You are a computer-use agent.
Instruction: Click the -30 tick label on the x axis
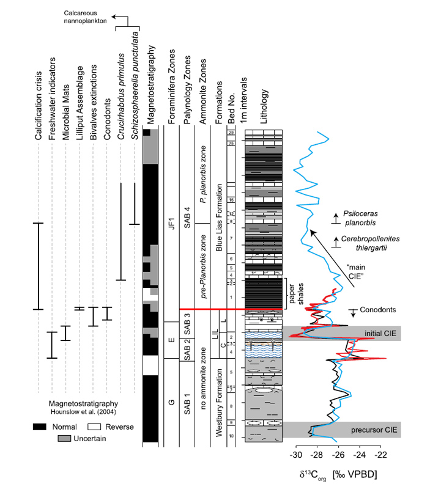point(295,456)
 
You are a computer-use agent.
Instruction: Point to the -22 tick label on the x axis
point(380,456)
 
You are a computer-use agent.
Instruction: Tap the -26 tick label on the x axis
point(338,456)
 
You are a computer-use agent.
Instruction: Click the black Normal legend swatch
point(40,427)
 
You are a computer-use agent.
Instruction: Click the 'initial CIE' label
point(380,333)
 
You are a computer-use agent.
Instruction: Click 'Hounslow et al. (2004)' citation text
point(87,413)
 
